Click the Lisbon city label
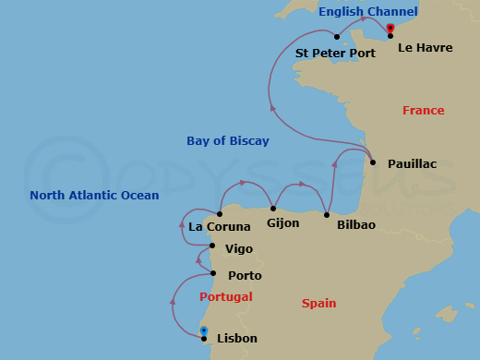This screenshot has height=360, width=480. [x=236, y=339]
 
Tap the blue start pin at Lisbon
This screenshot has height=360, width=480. [x=204, y=331]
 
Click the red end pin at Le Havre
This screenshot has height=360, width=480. [x=390, y=30]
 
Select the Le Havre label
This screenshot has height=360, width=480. [x=425, y=47]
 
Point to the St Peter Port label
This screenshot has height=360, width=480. [x=335, y=54]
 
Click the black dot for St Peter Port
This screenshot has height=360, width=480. [x=338, y=38]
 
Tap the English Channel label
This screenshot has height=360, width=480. [x=367, y=12]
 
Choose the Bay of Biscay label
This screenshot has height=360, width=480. [x=228, y=141]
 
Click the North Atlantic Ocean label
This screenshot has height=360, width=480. [x=94, y=196]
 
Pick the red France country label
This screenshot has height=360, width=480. [x=423, y=111]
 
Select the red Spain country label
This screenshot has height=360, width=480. [x=318, y=303]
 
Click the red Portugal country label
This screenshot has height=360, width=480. [x=226, y=297]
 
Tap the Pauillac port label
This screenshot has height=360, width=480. [x=412, y=163]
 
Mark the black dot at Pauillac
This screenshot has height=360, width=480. [x=373, y=162]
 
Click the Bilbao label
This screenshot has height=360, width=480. [x=355, y=224]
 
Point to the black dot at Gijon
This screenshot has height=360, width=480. [x=274, y=209]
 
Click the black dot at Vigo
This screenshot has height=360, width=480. [x=212, y=246]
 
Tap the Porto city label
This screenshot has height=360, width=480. [x=245, y=275]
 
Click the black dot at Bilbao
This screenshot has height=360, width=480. [x=327, y=215]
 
